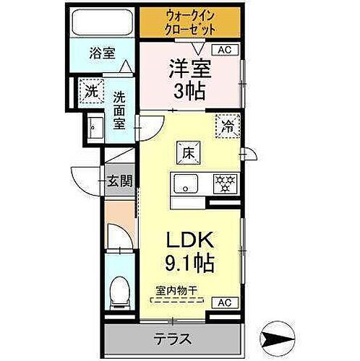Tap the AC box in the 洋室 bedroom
tap(223, 50)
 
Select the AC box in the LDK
tap(223, 302)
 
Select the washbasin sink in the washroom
tap(93, 131)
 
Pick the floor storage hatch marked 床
tap(187, 153)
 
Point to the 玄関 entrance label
tap(120, 181)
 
